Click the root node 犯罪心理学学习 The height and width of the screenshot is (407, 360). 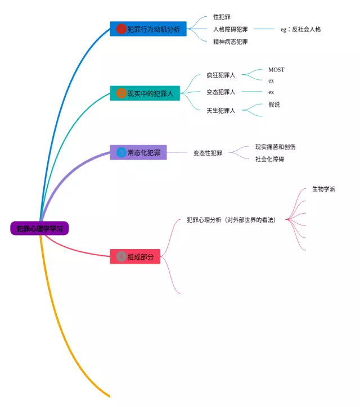tap(39, 228)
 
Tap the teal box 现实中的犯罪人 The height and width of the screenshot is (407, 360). tap(145, 93)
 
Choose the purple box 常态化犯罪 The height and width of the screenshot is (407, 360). tap(138, 152)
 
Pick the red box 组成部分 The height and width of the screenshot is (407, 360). tap(135, 256)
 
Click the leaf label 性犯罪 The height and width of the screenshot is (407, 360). tap(222, 17)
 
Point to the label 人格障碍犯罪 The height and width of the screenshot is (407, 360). tap(230, 29)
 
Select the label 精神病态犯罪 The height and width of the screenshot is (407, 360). tap(230, 42)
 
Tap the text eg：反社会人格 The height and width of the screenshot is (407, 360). tap(300, 29)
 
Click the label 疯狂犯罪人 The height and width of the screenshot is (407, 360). tap(220, 75)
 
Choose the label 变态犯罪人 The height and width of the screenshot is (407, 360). tap(220, 92)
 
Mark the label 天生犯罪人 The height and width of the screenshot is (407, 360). tap(220, 110)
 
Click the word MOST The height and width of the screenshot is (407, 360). tap(276, 70)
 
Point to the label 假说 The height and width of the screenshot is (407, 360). tap(274, 104)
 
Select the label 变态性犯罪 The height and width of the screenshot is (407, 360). tap(208, 152)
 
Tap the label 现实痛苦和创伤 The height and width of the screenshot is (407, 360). tap(275, 147)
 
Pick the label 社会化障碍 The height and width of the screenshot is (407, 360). tap(269, 159)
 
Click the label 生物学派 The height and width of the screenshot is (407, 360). tap(323, 189)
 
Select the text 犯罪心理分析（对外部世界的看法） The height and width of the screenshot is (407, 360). tap(231, 220)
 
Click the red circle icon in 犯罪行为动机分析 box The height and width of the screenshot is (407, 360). tap(120, 29)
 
